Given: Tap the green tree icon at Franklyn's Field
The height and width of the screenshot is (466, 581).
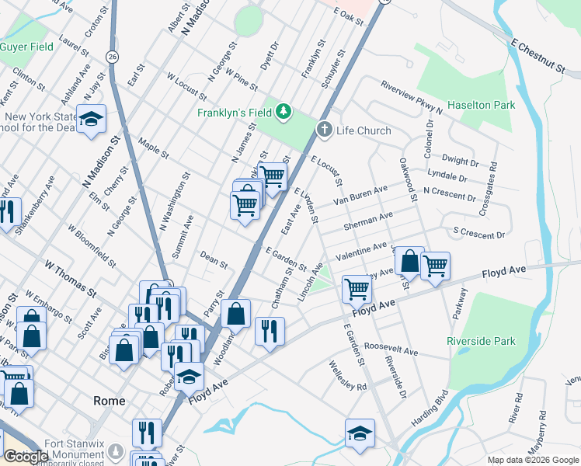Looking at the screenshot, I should (284, 112).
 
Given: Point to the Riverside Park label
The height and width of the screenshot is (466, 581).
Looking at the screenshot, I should (481, 341).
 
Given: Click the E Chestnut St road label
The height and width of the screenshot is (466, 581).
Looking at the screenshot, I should (538, 55).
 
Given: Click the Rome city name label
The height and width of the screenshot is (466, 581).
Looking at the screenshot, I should (109, 401).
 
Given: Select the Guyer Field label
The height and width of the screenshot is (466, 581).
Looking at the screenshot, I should (26, 47).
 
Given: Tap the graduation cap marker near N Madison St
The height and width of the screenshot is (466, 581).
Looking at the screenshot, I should (92, 119).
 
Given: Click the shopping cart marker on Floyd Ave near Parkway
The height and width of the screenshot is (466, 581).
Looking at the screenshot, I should (435, 266).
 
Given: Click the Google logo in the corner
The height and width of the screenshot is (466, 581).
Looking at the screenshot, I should (26, 457).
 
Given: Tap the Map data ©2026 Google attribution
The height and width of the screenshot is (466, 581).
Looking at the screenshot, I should (533, 460).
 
